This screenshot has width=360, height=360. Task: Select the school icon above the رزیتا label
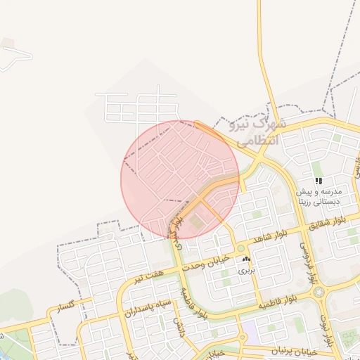click(x=319, y=181)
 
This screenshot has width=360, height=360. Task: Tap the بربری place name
click(x=245, y=270)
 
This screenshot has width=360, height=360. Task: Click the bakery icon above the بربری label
click(x=246, y=260)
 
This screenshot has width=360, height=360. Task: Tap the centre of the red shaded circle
click(x=180, y=180)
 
